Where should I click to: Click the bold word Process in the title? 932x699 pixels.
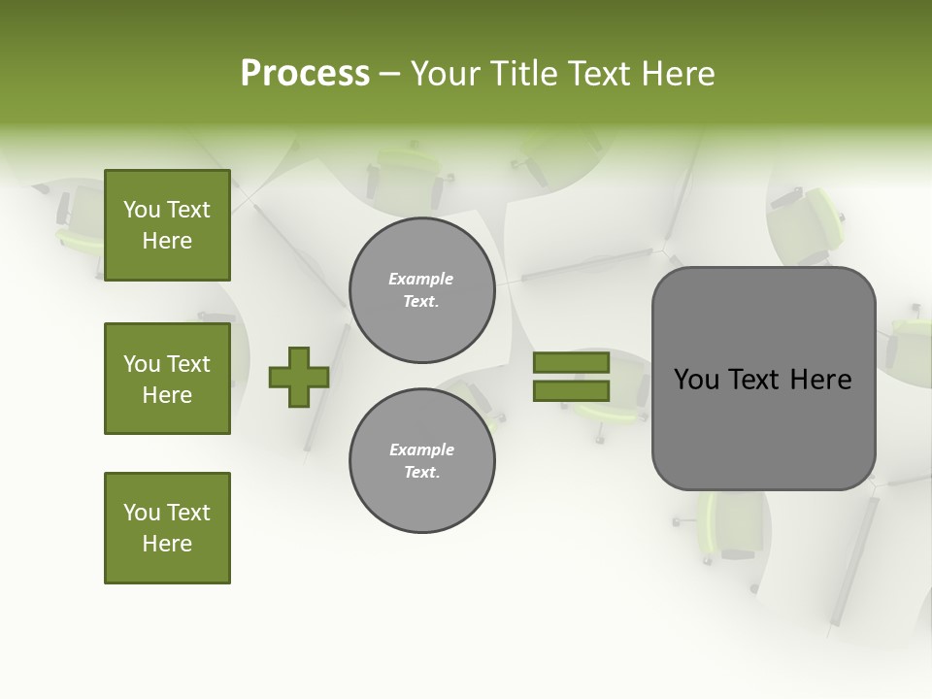[x=305, y=74]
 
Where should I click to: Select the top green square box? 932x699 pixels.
[x=167, y=225]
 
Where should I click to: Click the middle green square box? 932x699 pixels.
[x=167, y=379]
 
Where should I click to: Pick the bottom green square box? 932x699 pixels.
[x=167, y=528]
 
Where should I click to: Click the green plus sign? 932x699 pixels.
[x=299, y=377]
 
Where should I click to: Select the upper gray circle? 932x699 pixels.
[x=421, y=290]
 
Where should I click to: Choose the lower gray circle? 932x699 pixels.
[x=421, y=461]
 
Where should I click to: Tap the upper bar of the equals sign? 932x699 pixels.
[x=571, y=362]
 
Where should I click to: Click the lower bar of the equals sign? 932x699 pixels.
[x=571, y=391]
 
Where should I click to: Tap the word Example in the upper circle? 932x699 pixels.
[x=421, y=279]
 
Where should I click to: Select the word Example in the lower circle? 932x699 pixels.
[x=421, y=449]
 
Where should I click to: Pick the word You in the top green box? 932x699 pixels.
[x=141, y=210]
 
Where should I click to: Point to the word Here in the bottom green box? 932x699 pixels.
[x=167, y=544]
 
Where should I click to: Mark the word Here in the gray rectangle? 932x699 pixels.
[x=821, y=380]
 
